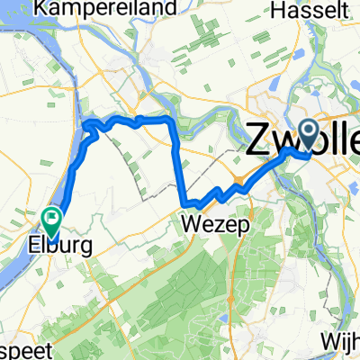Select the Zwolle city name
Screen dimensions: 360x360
click(302, 140)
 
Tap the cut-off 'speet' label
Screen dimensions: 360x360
click(19, 349)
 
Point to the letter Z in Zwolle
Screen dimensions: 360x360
click(257, 140)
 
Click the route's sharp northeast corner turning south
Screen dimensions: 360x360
click(171, 120)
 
